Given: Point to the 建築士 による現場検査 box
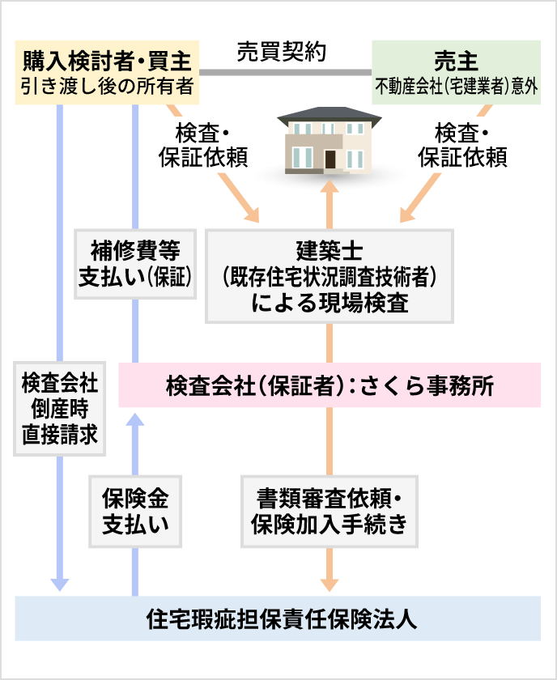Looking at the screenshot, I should point(330,276).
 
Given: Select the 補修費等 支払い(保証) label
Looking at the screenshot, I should point(135,263).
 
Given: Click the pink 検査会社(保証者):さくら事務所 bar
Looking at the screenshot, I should point(330,385).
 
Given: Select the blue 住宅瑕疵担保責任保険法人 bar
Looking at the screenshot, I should point(278,618).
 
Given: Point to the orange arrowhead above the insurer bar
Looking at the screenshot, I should point(330,582).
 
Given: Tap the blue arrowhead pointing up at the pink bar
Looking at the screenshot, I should point(135,419).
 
